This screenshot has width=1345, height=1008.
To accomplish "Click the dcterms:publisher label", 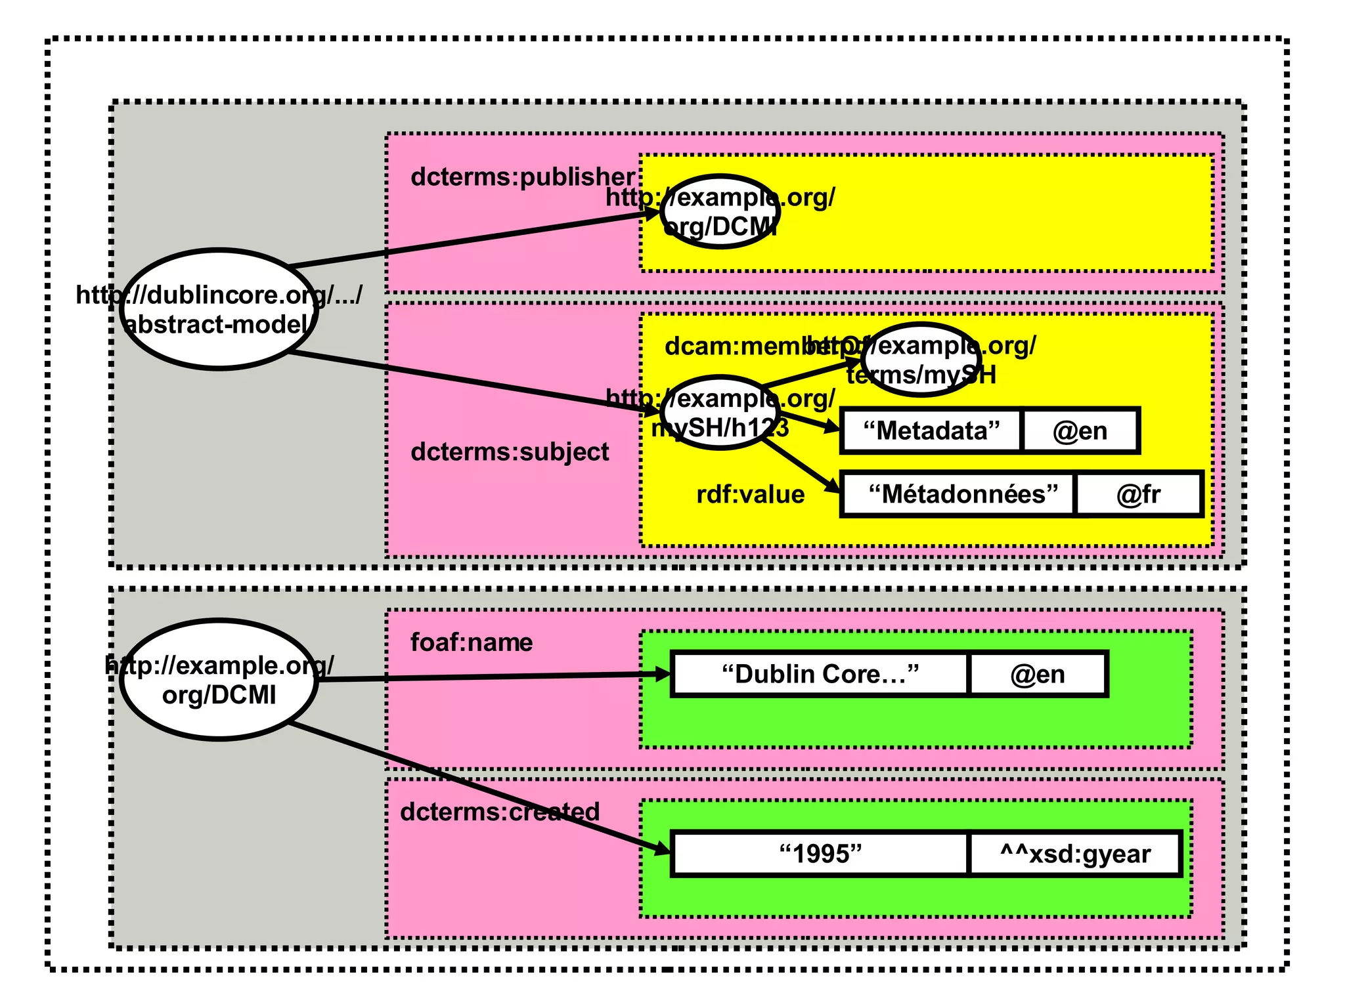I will [x=522, y=177].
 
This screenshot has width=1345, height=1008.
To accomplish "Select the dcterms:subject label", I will [x=510, y=451].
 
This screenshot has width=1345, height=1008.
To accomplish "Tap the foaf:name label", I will [x=471, y=642].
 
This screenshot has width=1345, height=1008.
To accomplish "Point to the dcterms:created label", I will [x=499, y=812].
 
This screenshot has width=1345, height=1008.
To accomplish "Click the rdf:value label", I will [x=750, y=494].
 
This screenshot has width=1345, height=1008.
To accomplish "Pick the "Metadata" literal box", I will [x=931, y=431].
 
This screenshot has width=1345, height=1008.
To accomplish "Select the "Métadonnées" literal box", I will [x=959, y=494].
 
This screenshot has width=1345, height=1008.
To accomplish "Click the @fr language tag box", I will [x=1138, y=494].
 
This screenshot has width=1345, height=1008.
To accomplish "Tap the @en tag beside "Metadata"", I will [x=1080, y=431].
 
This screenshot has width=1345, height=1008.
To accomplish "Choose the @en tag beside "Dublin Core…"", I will [x=1038, y=675].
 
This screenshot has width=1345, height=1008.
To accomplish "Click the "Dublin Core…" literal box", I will [x=820, y=675].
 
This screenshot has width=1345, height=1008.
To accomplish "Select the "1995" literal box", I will [x=820, y=854].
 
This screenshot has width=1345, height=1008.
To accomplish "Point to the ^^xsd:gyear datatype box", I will [x=1074, y=854].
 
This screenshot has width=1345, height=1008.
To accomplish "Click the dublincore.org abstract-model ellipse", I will [x=219, y=309].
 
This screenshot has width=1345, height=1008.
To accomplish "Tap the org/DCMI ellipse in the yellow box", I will [x=720, y=212].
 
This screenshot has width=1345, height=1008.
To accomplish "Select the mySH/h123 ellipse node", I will [x=720, y=413].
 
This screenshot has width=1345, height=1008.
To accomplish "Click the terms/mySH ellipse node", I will [x=921, y=360].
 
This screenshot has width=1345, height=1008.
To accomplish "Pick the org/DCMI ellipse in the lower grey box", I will [x=219, y=680].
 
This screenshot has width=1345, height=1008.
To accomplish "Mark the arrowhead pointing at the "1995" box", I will [x=662, y=849].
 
